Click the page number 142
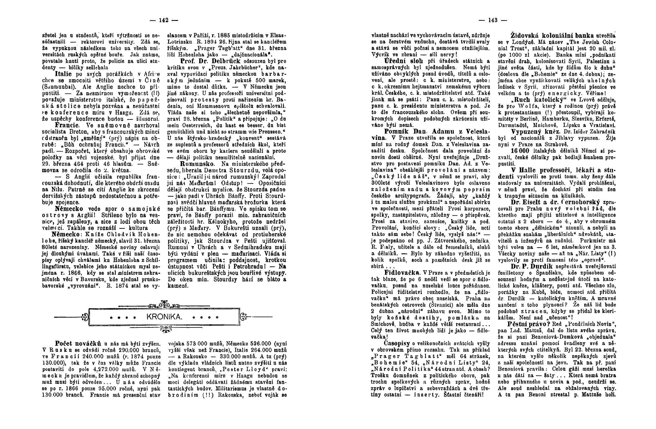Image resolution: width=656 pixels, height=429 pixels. [164, 20]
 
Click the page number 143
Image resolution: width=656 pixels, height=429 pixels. [493, 20]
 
